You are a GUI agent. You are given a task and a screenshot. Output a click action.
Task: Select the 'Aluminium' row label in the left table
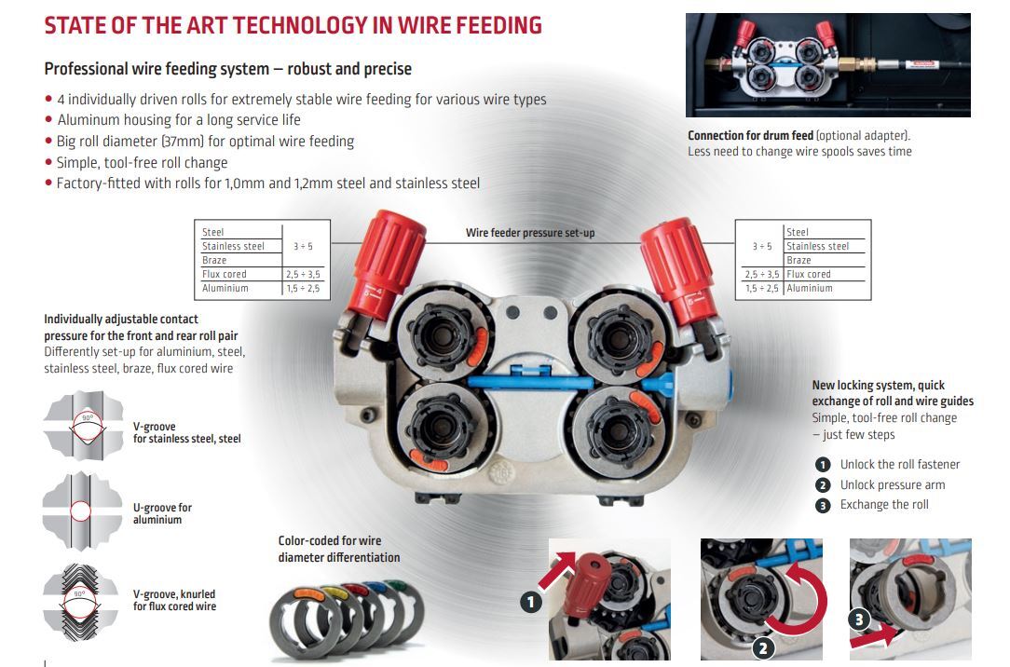click(x=225, y=289)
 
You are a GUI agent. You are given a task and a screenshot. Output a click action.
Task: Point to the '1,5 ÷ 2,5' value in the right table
click(x=761, y=289)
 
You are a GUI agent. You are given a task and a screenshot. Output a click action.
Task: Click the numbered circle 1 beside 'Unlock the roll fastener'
click(x=823, y=464)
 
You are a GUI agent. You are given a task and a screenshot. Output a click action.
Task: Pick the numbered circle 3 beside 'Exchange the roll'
click(x=823, y=505)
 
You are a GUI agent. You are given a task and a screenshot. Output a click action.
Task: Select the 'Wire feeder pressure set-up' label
click(x=530, y=233)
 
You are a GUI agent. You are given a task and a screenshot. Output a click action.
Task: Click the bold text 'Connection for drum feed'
click(x=750, y=136)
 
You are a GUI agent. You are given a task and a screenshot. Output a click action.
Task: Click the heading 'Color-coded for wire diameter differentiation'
click(x=339, y=549)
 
